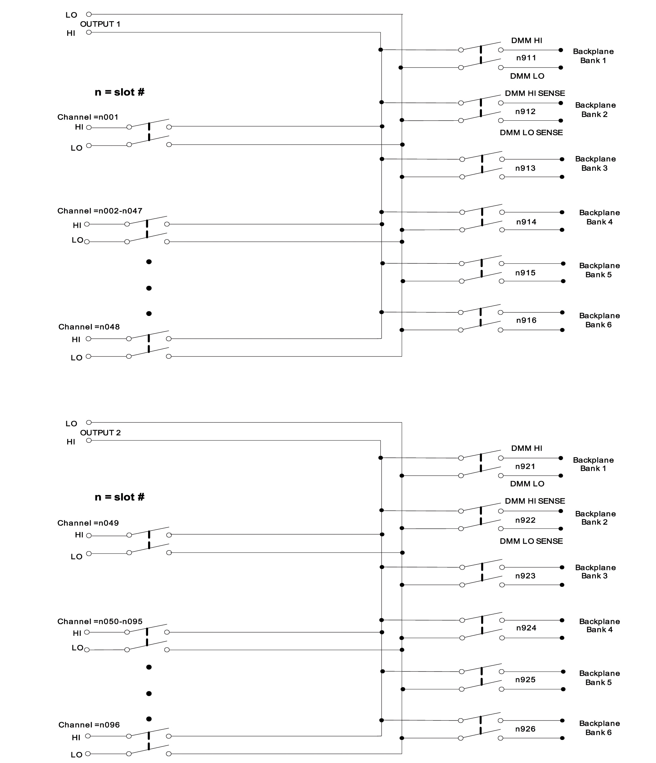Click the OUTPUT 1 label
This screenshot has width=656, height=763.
(x=100, y=24)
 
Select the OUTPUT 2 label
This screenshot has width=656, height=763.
(x=100, y=433)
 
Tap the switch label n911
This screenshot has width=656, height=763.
(x=526, y=58)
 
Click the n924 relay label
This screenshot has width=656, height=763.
(x=526, y=628)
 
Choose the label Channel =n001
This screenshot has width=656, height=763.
(x=88, y=117)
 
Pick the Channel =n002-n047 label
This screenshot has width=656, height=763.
(x=99, y=211)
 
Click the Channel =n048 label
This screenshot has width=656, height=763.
(x=89, y=327)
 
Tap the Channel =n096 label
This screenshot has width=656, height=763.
(x=89, y=725)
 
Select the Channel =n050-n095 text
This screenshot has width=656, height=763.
(x=99, y=622)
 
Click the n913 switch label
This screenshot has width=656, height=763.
(x=525, y=168)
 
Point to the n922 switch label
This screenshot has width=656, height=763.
(x=525, y=520)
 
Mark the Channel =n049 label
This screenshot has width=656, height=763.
(x=88, y=523)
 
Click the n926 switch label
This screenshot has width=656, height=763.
(x=525, y=729)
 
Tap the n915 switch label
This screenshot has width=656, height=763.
(x=525, y=273)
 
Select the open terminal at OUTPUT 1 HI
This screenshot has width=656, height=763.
(x=89, y=32)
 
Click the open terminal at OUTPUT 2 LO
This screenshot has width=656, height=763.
(x=89, y=422)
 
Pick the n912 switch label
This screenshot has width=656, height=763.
(x=525, y=112)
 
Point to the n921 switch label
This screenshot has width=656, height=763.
(x=525, y=466)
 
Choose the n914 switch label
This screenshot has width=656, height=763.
(x=526, y=222)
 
